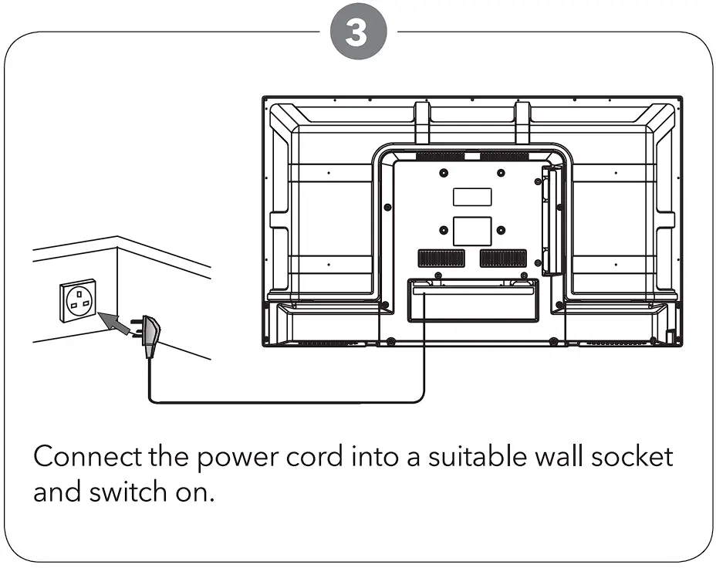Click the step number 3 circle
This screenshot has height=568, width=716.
tap(357, 33)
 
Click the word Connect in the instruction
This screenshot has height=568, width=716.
tap(86, 456)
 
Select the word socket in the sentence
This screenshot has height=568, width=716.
tap(632, 456)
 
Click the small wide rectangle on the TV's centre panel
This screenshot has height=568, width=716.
tap(471, 197)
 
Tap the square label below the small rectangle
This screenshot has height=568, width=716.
tap(471, 231)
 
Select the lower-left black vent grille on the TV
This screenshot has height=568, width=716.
tap(441, 258)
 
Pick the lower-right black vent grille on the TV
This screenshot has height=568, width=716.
tap(502, 258)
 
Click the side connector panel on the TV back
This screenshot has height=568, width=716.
tap(549, 221)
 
